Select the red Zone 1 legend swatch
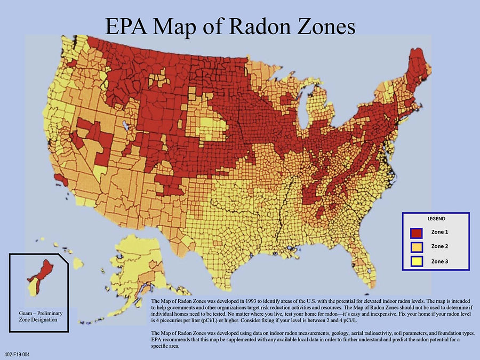pyautogui.click(x=417, y=233)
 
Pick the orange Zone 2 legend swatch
pyautogui.click(x=417, y=246)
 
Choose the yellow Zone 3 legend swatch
pyautogui.click(x=417, y=261)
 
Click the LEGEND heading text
pyautogui.click(x=436, y=219)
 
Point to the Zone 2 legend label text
pyautogui.click(x=439, y=246)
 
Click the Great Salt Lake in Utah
pyautogui.click(x=126, y=126)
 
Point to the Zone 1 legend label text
pyautogui.click(x=439, y=233)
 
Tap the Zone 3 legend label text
pyautogui.click(x=439, y=261)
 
